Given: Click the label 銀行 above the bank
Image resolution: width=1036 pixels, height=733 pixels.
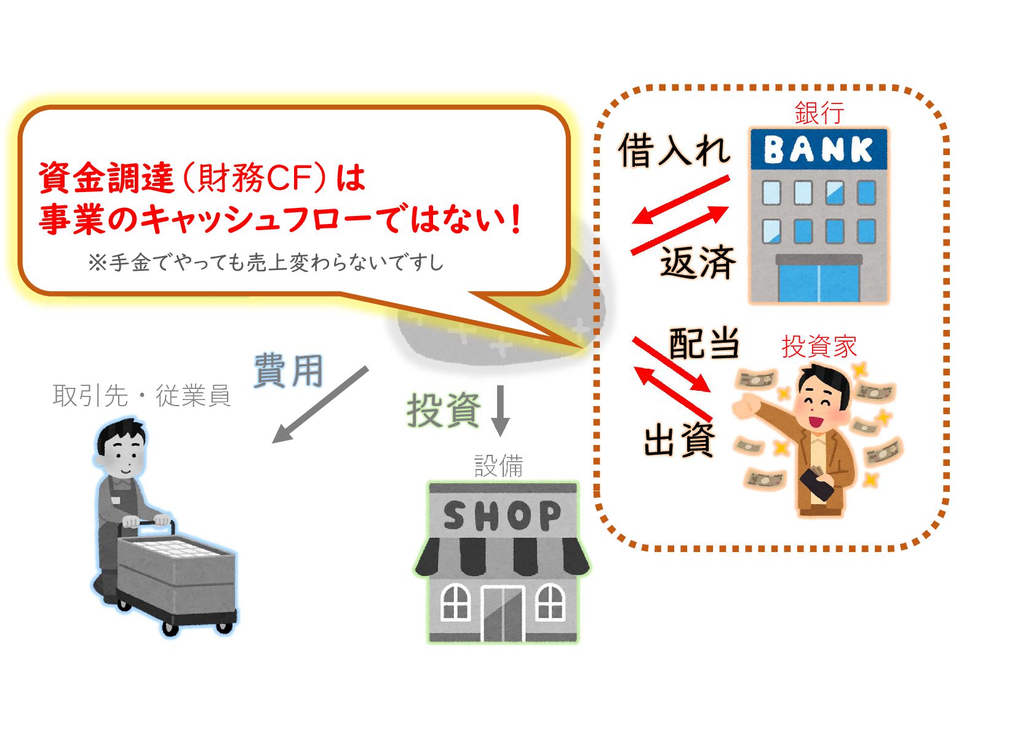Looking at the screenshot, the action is tap(819, 113).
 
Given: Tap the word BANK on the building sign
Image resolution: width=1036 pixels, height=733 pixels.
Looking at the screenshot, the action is tap(818, 150).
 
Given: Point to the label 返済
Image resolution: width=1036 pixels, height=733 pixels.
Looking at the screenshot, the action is tap(698, 263).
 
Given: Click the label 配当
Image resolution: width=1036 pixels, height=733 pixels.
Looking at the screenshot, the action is tap(704, 343).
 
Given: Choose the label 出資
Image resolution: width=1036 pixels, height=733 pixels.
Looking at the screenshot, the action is tap(679, 440).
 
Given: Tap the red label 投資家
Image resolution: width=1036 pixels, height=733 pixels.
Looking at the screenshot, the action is tap(819, 346).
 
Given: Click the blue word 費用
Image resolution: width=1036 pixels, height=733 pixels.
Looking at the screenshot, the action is tap(289, 371).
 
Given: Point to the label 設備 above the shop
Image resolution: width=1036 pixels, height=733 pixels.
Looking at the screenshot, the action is tap(498, 465).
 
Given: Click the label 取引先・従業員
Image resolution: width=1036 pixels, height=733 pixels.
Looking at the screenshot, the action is tap(141, 395).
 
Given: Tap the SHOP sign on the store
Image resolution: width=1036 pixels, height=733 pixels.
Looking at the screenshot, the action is tap(502, 516).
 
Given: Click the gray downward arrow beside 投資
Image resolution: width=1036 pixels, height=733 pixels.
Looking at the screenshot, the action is tap(500, 410).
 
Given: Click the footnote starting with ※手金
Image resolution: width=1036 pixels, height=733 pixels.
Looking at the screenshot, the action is tap(265, 263).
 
